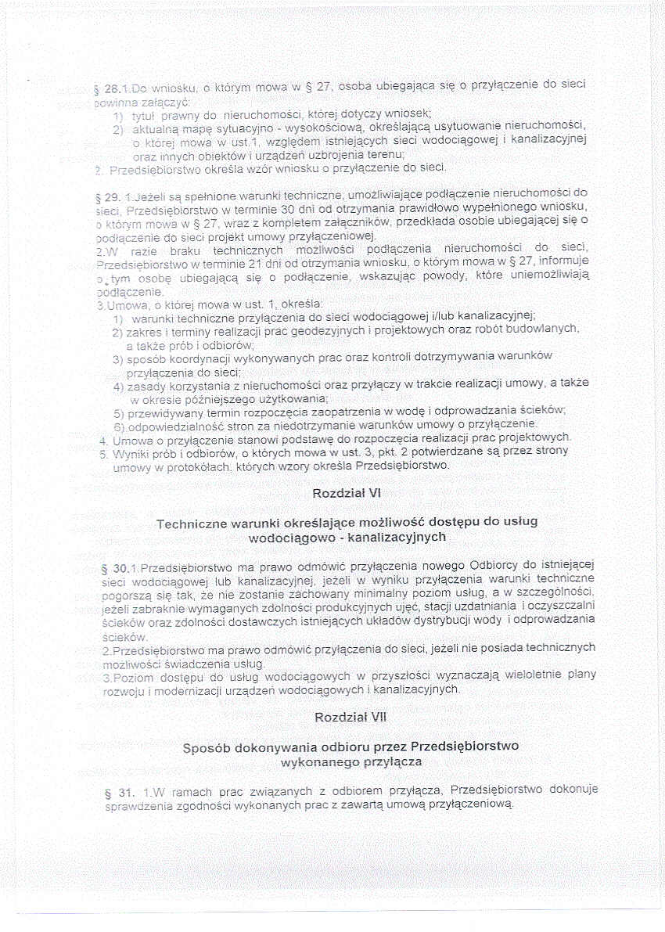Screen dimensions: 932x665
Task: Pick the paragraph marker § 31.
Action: (x=117, y=793)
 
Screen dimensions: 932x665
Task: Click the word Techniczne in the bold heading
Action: (x=193, y=523)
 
